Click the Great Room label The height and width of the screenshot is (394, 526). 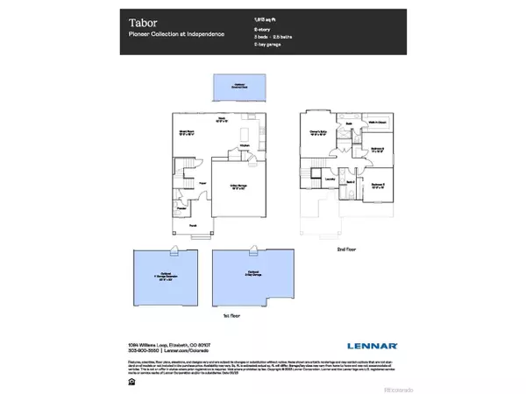pyautogui.click(x=186, y=133)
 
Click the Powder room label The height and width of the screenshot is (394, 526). pyautogui.click(x=182, y=209)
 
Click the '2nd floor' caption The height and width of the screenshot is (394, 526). pyautogui.click(x=347, y=249)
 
